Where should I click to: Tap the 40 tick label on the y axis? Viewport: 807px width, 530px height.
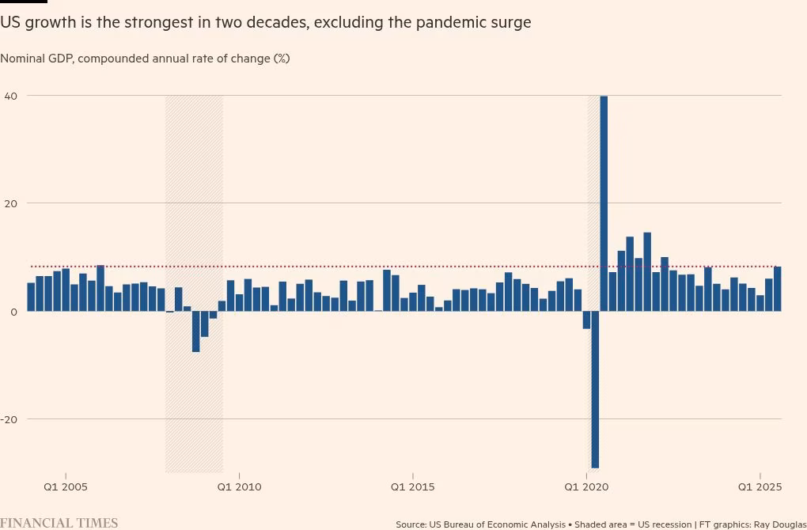12,96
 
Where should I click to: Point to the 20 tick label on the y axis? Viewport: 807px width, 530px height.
12,203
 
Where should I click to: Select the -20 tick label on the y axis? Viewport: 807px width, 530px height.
9,419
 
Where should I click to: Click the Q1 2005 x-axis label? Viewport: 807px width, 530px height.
66,486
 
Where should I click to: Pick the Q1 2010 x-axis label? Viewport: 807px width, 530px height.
239,486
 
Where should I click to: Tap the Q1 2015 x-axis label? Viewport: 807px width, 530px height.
412,486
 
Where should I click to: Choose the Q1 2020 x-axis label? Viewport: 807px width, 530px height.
586,486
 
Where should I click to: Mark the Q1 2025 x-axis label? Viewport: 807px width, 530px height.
760,486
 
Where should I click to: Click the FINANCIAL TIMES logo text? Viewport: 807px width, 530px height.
59,523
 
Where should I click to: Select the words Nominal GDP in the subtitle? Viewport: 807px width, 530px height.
36,59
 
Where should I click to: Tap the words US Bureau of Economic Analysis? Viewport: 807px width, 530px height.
498,524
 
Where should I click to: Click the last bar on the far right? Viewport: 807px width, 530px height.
777,289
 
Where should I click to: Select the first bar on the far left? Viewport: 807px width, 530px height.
31,297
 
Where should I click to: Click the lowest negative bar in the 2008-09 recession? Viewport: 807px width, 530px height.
195,331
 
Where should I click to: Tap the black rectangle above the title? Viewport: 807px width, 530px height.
23,2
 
